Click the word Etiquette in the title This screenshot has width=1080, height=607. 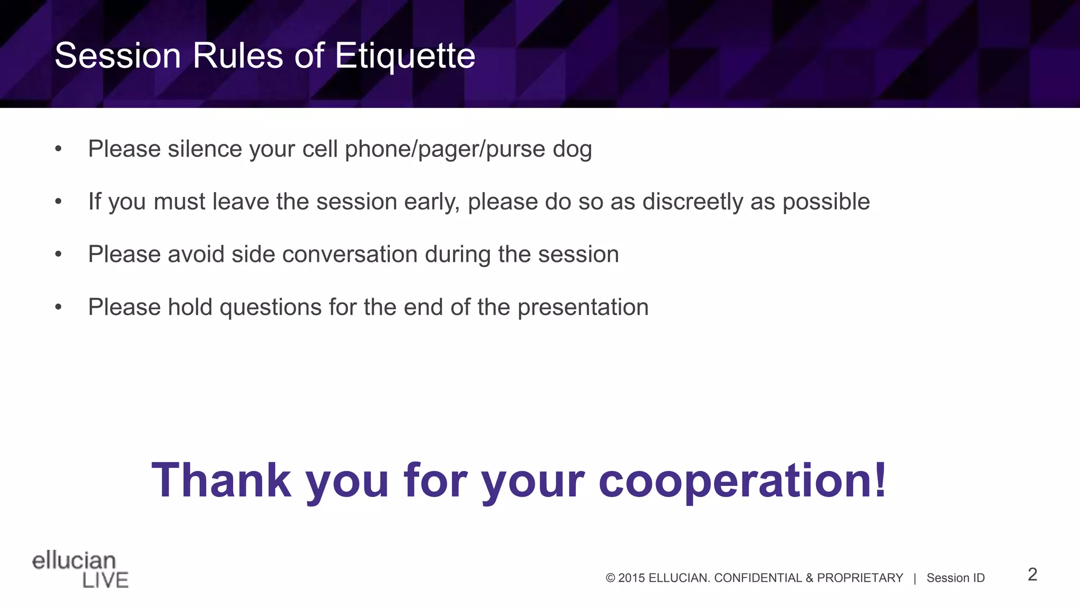tap(404, 56)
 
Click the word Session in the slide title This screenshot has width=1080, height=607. tap(118, 56)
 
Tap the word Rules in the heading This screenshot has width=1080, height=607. tap(238, 56)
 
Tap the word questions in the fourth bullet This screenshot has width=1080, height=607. tap(270, 308)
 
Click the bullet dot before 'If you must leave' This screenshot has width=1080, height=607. tap(59, 202)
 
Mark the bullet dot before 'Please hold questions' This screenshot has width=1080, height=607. tap(59, 307)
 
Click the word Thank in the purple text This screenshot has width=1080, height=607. tap(221, 480)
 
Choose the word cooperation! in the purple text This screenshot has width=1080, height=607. tap(742, 481)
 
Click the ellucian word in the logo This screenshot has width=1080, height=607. tap(74, 561)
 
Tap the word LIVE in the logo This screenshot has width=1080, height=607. tap(105, 580)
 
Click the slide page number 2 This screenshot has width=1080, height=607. tap(1032, 574)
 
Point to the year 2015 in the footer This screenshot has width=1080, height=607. tap(631, 578)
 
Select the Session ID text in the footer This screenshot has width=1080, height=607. tap(955, 578)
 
